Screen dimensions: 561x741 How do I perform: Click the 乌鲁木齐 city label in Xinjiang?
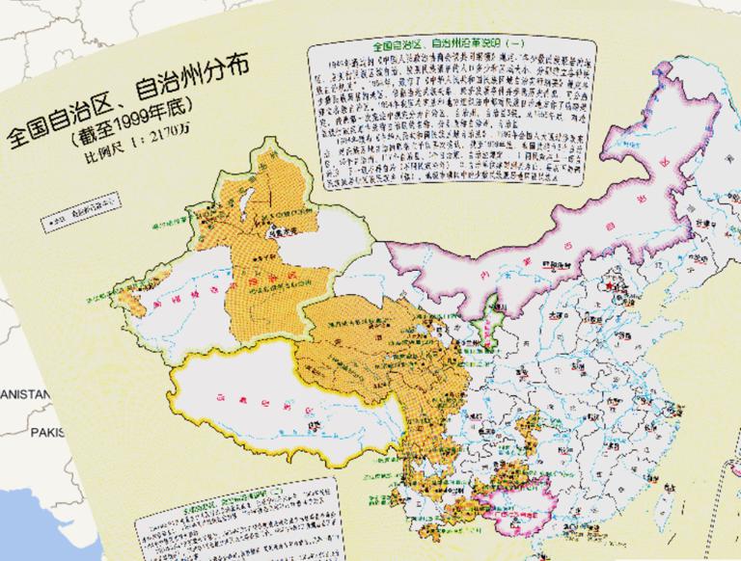point(280,231)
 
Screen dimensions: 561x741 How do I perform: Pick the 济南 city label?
point(627,328)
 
